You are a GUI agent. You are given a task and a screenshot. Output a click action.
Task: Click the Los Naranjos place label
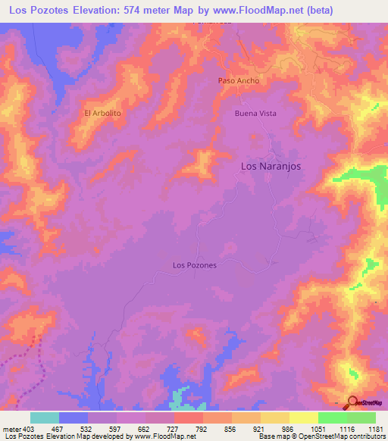pyautogui.click(x=271, y=166)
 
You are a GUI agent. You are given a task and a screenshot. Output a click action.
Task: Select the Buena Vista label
pyautogui.click(x=255, y=114)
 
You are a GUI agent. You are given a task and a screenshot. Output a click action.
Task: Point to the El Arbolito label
pyautogui.click(x=102, y=114)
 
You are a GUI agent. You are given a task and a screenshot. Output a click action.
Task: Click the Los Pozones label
pyautogui.click(x=195, y=265)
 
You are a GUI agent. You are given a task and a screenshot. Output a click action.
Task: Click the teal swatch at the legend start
pyautogui.click(x=45, y=418)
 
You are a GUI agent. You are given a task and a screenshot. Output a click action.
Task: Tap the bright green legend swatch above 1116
pyautogui.click(x=332, y=418)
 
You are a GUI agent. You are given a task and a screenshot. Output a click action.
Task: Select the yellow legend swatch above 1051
pyautogui.click(x=303, y=418)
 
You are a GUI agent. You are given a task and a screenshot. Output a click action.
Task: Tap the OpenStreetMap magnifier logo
pyautogui.click(x=353, y=402)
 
